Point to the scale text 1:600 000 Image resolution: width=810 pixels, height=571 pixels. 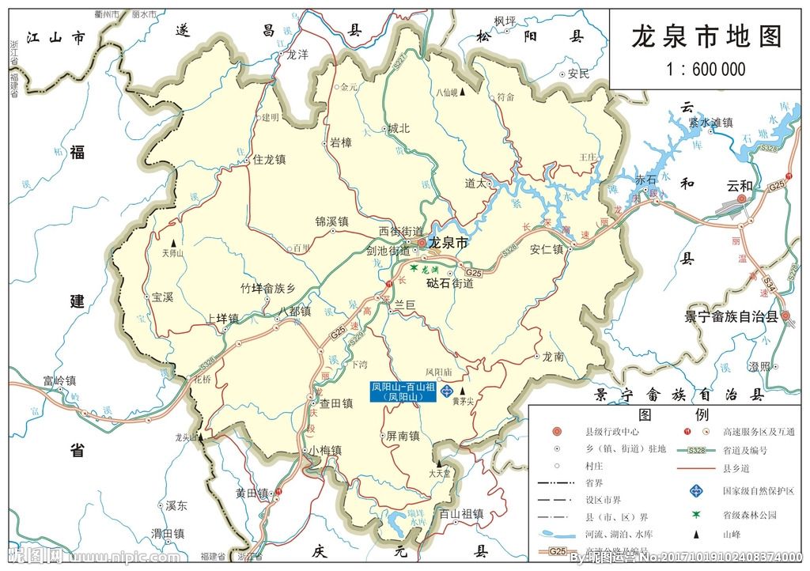(x=706, y=70)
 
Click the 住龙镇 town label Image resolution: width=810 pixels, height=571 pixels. (x=269, y=160)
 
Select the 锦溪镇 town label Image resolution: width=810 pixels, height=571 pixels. (x=331, y=222)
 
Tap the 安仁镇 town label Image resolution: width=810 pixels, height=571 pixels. (x=546, y=249)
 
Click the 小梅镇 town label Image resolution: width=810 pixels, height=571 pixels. (x=325, y=450)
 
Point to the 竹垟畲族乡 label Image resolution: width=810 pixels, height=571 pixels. (x=267, y=289)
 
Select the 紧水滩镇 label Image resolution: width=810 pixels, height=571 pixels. (x=710, y=123)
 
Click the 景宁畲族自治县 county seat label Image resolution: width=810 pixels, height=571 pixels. (x=731, y=316)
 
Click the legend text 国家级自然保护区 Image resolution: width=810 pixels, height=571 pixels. (x=758, y=492)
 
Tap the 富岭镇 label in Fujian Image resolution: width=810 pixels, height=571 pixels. (x=60, y=381)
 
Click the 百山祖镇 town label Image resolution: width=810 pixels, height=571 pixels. (x=461, y=514)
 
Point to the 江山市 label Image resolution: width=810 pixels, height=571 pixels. (x=55, y=37)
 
